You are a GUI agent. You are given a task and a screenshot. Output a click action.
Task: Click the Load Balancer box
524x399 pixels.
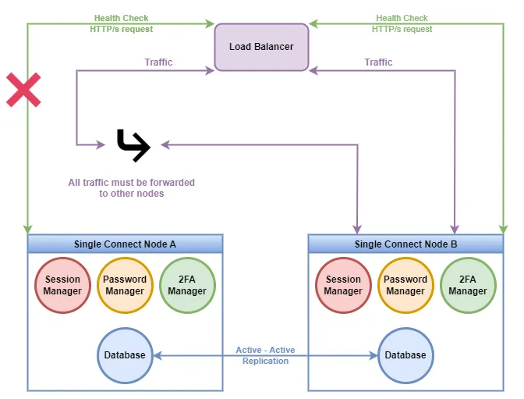(x=261, y=47)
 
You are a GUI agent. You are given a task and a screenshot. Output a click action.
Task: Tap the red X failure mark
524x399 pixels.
(x=23, y=90)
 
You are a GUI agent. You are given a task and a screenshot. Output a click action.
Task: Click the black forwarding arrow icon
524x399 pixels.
(x=133, y=145)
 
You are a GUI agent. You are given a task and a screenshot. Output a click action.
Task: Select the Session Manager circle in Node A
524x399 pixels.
(x=62, y=285)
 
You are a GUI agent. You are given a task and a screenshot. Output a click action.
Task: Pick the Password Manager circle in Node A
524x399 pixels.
(x=125, y=285)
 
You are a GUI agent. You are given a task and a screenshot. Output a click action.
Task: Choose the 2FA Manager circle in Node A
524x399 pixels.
(x=187, y=285)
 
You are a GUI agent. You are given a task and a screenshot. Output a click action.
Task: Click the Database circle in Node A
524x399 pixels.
(x=125, y=355)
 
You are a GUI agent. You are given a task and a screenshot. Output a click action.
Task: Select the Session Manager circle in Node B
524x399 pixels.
(x=343, y=285)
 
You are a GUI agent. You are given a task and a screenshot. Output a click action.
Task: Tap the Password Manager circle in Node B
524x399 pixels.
(x=405, y=285)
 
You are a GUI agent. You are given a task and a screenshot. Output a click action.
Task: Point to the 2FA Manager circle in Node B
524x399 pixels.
(x=468, y=285)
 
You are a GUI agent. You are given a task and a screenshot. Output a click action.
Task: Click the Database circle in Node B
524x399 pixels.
(x=405, y=355)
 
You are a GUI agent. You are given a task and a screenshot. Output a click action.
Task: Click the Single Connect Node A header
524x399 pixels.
(x=125, y=244)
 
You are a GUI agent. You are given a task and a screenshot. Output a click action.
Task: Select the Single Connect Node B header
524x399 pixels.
(x=405, y=244)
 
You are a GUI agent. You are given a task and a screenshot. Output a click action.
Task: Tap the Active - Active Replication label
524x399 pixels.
(x=265, y=355)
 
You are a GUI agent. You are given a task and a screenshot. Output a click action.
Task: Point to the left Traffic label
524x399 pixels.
(x=158, y=62)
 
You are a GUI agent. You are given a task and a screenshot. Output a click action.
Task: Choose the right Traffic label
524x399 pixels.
(x=378, y=62)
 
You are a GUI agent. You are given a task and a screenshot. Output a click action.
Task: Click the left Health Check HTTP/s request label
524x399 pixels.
(x=122, y=23)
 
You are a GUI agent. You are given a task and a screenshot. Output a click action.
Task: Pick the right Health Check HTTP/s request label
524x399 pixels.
(x=402, y=23)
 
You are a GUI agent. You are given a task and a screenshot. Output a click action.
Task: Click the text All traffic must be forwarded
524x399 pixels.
(x=131, y=183)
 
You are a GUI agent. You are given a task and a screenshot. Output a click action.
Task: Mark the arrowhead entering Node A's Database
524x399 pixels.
(x=158, y=355)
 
